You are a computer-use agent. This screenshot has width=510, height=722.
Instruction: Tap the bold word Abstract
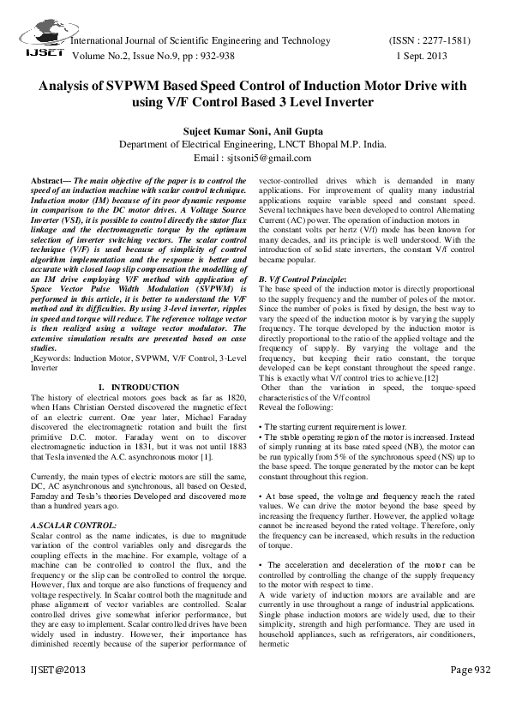coord(49,183)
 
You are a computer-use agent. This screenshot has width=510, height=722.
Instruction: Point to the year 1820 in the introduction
coord(237,398)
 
